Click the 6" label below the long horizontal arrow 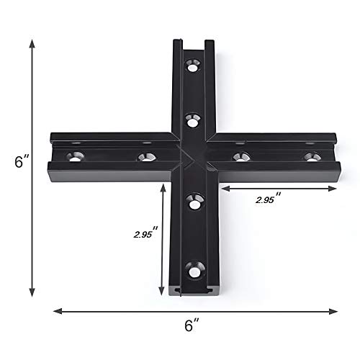(191, 326)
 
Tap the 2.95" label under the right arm (269, 201)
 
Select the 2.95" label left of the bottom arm (145, 235)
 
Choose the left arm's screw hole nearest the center (146, 156)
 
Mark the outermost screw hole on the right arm (310, 156)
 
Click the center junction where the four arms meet (192, 156)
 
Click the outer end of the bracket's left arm (50, 156)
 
